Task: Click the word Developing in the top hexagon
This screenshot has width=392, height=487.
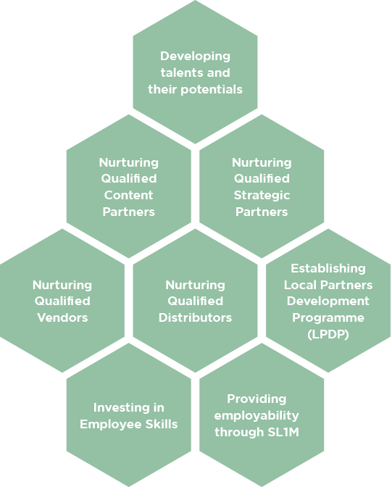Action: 195,57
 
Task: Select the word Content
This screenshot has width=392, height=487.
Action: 128,195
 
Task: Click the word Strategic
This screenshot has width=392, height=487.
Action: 262,196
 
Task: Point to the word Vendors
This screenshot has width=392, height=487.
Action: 62,317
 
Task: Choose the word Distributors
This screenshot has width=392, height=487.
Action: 195,317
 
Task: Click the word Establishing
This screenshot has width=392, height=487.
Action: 328,269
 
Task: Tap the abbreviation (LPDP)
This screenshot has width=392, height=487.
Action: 328,335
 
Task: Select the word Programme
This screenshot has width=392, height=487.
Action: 328,318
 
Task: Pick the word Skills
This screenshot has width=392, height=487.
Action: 162,424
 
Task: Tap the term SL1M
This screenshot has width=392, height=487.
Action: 283,432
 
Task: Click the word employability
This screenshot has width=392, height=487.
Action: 257,416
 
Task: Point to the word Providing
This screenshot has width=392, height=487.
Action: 257,399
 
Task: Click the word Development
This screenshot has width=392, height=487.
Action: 328,301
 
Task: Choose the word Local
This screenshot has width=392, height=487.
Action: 301,285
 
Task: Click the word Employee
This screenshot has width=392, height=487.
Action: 111,425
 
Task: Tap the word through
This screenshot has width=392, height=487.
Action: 239,433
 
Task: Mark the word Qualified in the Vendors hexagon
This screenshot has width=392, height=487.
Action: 62,301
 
